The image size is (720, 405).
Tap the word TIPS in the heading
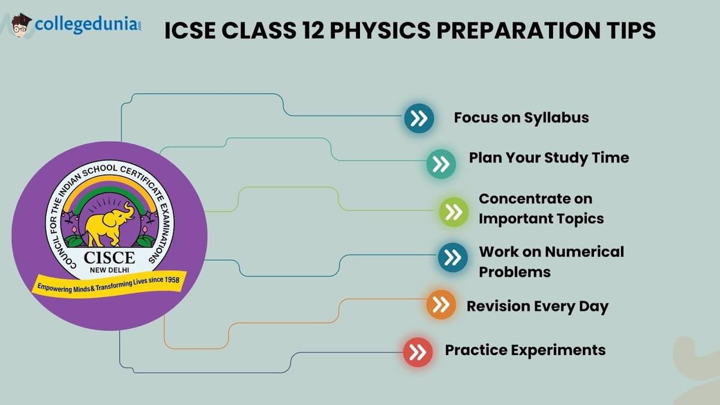click(630, 31)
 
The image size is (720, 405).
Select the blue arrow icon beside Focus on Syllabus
click(419, 118)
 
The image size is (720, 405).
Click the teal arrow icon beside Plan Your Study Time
click(441, 164)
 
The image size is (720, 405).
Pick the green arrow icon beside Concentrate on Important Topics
click(453, 211)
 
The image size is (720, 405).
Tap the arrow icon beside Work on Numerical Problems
click(452, 257)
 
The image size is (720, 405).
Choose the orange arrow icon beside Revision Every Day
click(441, 305)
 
